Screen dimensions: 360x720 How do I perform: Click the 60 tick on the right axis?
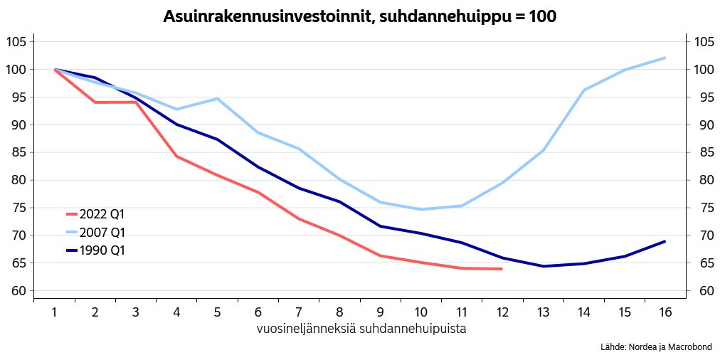704,290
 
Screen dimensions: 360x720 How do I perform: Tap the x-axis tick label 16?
665,312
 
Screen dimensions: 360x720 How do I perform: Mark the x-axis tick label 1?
54,312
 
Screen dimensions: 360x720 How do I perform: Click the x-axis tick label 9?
380,312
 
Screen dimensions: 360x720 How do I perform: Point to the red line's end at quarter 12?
502,269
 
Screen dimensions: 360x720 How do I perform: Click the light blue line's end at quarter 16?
665,58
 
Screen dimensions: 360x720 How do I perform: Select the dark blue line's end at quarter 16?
665,241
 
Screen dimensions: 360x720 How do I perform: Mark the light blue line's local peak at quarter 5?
217,98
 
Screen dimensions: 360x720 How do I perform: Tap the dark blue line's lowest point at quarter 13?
543,266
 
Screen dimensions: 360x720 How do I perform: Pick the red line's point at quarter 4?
176,157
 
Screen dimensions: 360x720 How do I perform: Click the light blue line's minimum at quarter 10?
420,209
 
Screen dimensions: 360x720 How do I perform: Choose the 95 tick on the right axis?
704,97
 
